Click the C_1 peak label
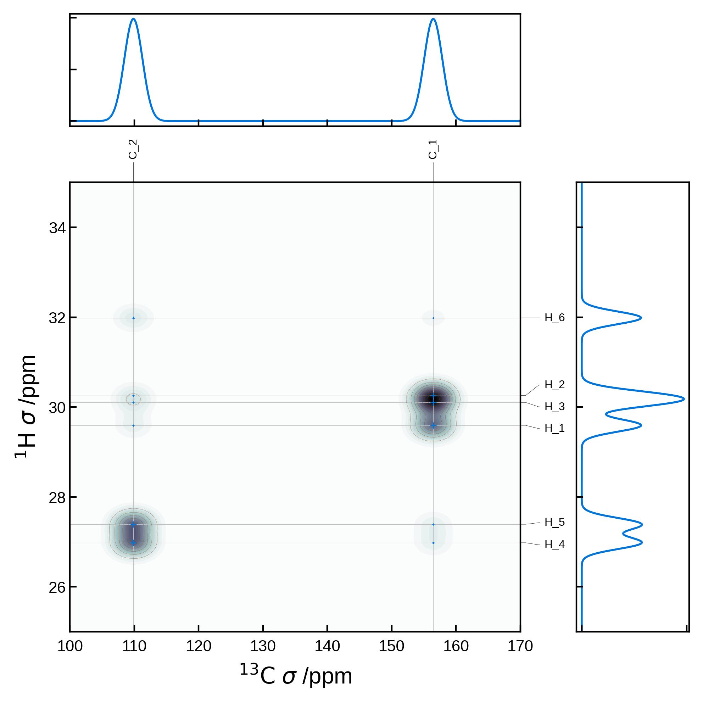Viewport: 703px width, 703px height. click(433, 149)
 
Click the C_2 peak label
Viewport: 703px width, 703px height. click(133, 149)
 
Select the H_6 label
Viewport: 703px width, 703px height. click(554, 318)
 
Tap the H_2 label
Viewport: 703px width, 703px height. click(554, 385)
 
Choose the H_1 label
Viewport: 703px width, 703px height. click(554, 428)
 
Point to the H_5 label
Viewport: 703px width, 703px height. click(554, 522)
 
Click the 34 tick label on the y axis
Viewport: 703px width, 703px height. click(57, 228)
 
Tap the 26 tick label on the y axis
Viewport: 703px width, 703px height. click(57, 588)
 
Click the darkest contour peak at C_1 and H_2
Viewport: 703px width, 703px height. click(433, 398)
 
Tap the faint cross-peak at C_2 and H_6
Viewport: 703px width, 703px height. click(134, 318)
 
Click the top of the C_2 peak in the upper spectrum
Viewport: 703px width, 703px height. click(134, 19)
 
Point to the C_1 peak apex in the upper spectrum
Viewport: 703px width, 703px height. click(433, 19)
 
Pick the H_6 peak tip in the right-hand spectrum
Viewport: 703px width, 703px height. click(641, 318)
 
